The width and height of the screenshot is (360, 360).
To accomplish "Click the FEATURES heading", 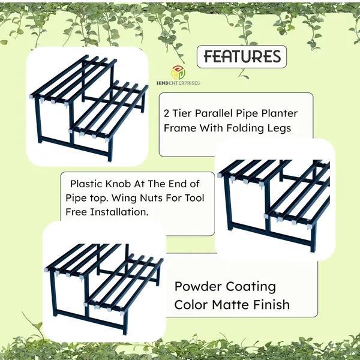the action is (242, 56).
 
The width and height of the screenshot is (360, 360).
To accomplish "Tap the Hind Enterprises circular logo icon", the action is (178, 73).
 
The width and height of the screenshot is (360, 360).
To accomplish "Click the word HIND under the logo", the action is (163, 83).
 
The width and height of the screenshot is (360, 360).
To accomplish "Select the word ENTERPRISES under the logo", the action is (184, 83).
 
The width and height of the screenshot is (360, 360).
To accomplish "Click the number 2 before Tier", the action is (166, 113).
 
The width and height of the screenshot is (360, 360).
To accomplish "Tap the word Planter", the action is (280, 113).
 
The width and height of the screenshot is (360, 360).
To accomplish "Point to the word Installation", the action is (119, 212).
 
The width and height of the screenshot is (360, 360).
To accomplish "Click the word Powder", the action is (197, 287).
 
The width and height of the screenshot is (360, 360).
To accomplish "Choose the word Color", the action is (191, 305).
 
